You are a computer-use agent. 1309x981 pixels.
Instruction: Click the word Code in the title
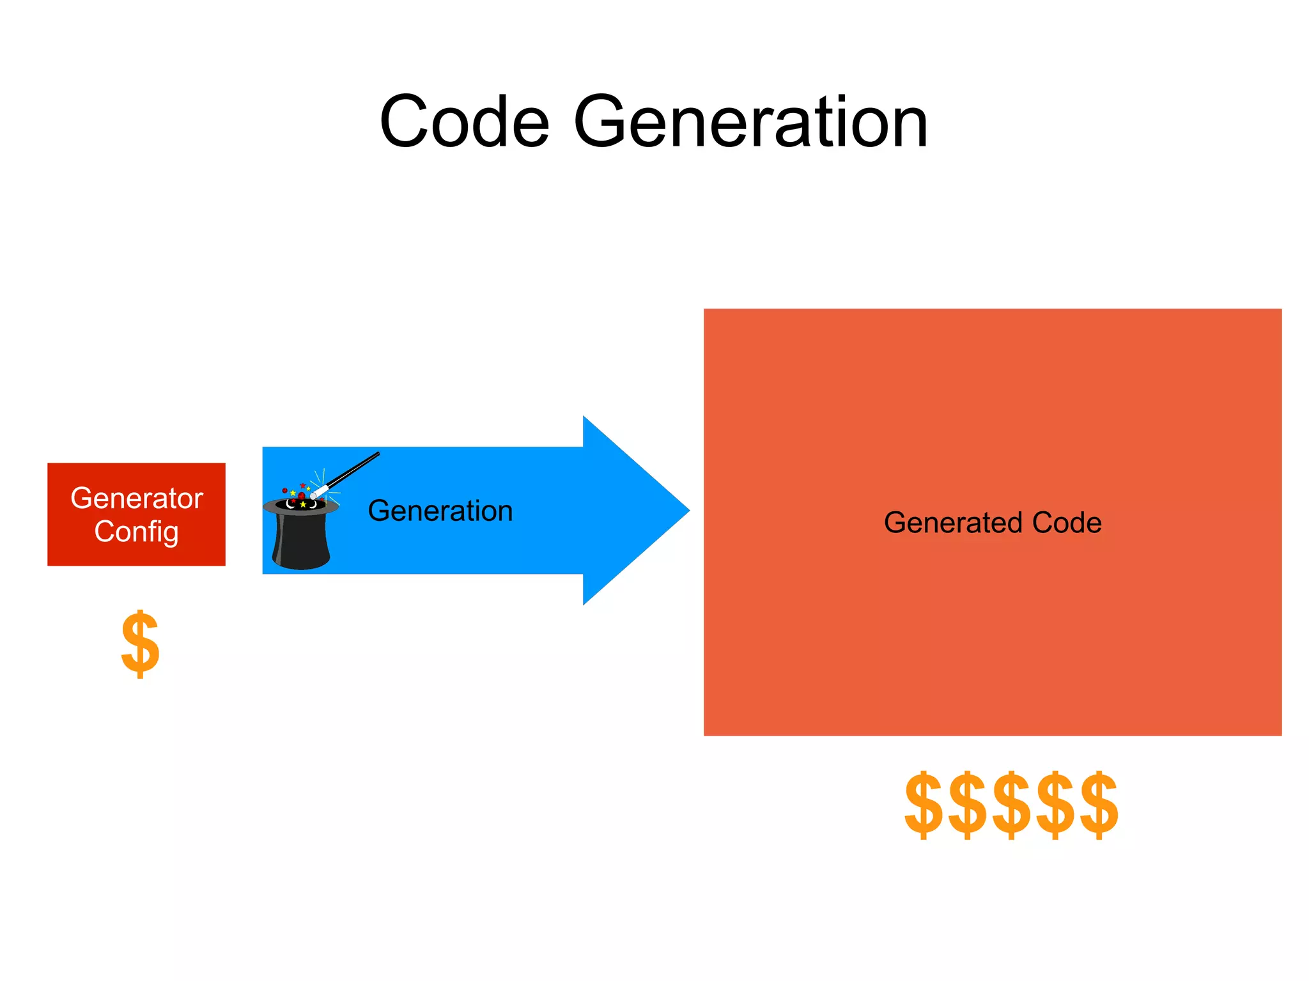pyautogui.click(x=464, y=121)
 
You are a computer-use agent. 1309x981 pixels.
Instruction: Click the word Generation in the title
pyautogui.click(x=750, y=121)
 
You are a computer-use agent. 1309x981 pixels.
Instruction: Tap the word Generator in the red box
pyautogui.click(x=137, y=498)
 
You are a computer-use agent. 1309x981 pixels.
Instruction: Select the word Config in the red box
pyautogui.click(x=136, y=532)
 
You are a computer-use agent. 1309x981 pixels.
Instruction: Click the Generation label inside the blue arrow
pyautogui.click(x=440, y=511)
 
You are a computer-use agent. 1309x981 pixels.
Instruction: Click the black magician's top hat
pyautogui.click(x=300, y=537)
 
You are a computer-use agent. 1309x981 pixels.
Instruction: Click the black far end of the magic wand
pyautogui.click(x=376, y=455)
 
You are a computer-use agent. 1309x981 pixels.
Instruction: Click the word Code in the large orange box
pyautogui.click(x=1067, y=523)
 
